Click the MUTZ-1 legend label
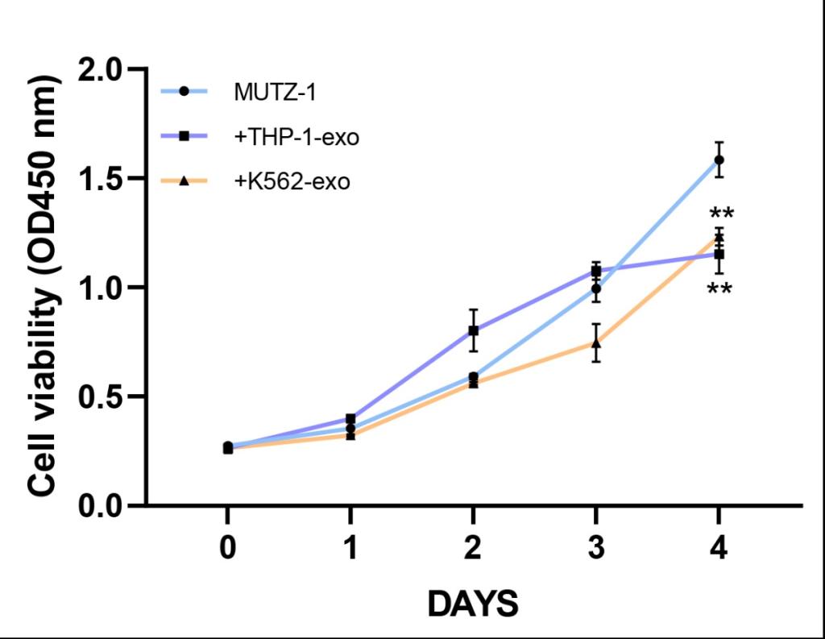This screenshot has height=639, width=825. (274, 92)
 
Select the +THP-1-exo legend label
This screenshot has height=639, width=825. (296, 137)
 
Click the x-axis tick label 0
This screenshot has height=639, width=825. (228, 550)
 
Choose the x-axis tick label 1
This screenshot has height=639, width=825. (350, 550)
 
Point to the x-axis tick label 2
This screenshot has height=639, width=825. (473, 550)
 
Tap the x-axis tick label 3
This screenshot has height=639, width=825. (595, 550)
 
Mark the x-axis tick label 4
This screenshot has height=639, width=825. (718, 550)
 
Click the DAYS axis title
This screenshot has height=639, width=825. (472, 603)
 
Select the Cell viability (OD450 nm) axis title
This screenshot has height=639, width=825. (46, 286)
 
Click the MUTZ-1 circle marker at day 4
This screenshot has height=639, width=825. (719, 160)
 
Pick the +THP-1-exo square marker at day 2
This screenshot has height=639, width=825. (474, 330)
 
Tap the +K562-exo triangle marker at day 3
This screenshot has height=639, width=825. (596, 344)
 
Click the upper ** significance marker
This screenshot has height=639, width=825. (721, 215)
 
